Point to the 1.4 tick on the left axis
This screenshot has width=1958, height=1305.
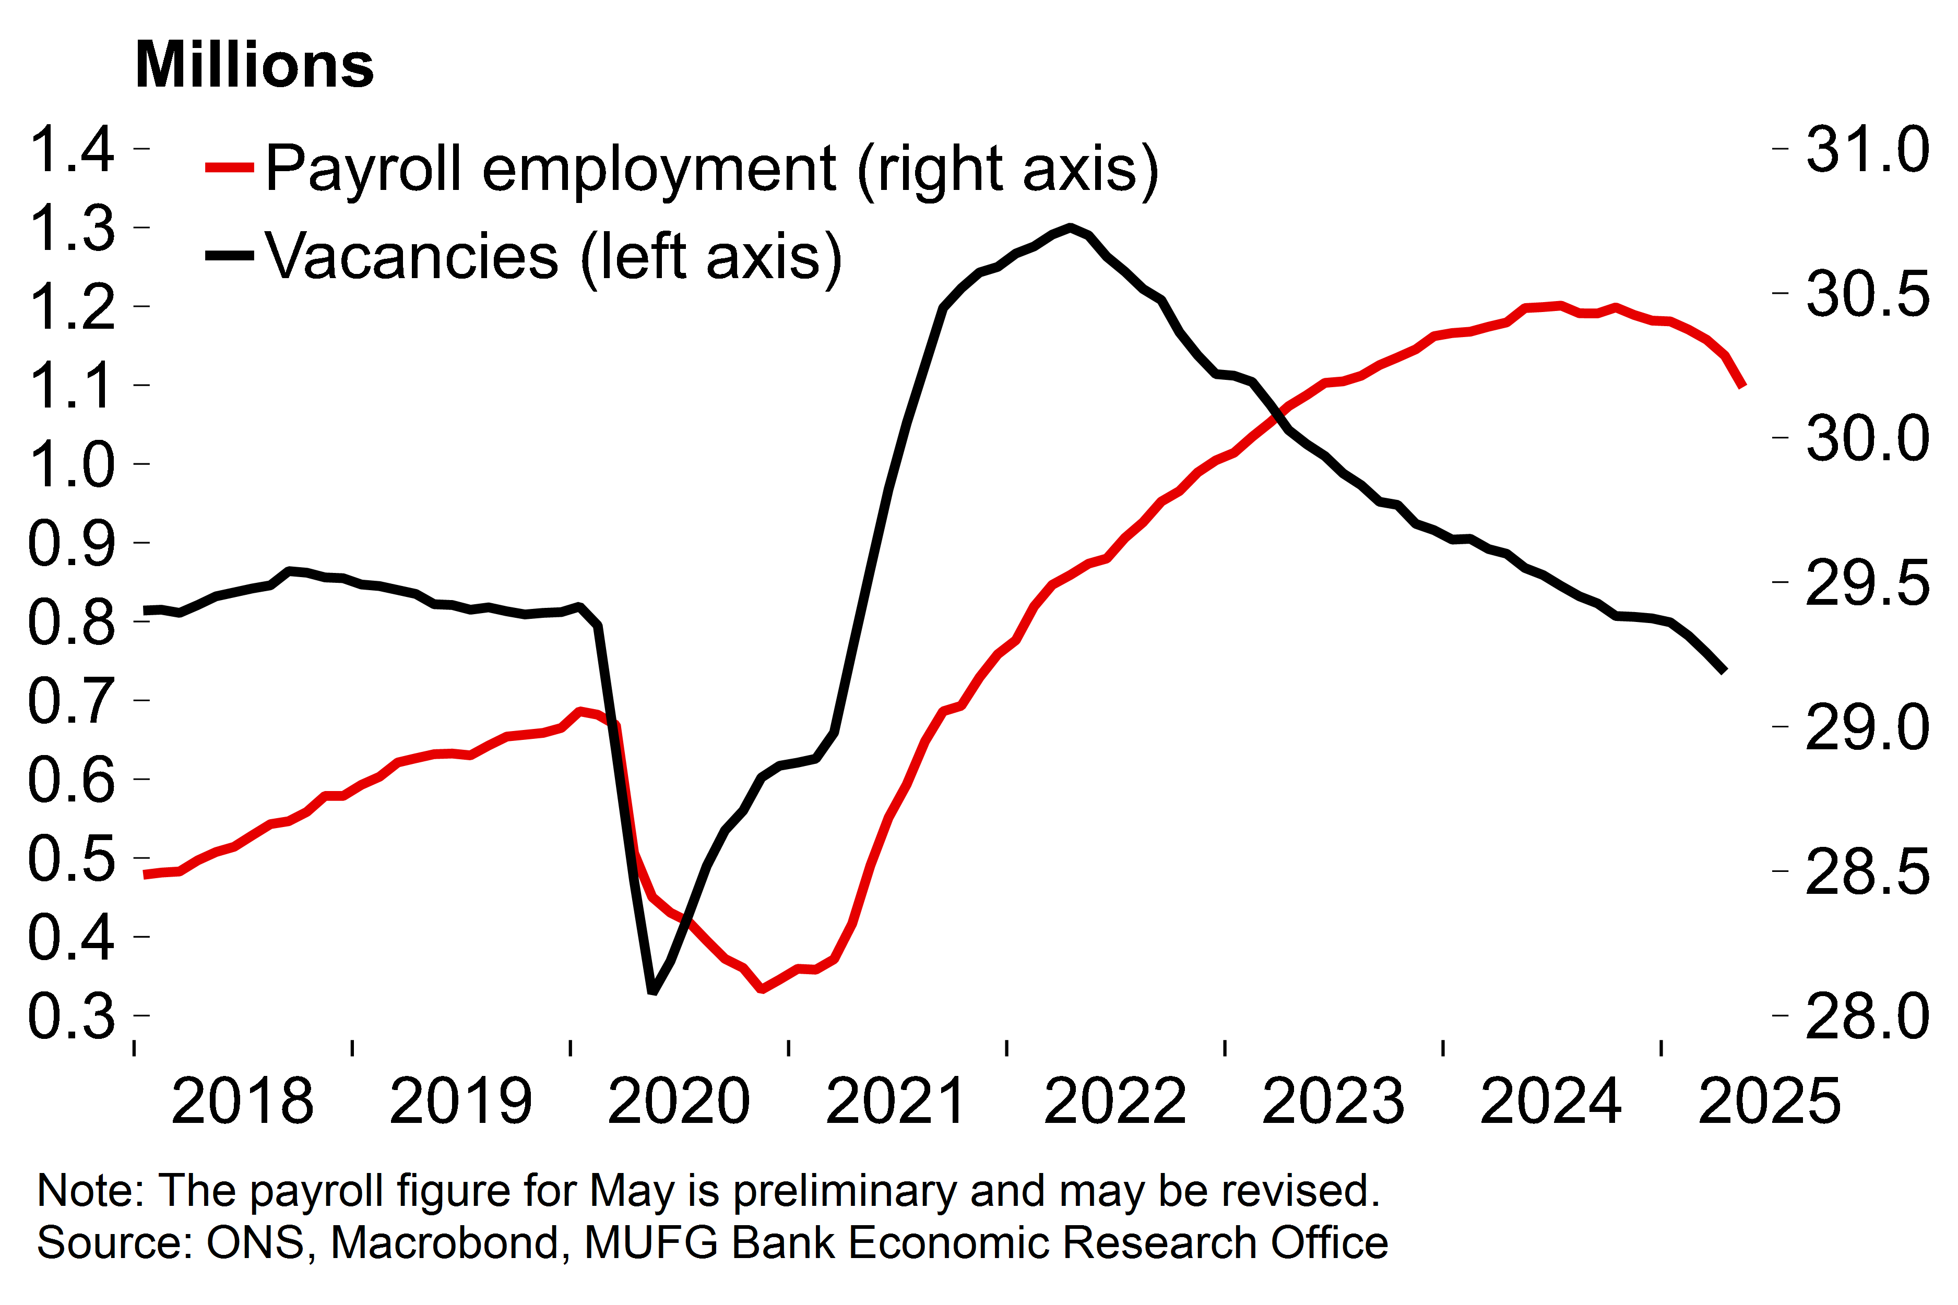pyautogui.click(x=72, y=150)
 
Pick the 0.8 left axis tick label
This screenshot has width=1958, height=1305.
pyautogui.click(x=72, y=622)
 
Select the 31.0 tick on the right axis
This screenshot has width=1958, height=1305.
pyautogui.click(x=1867, y=150)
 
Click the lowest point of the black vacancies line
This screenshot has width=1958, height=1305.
pyautogui.click(x=652, y=990)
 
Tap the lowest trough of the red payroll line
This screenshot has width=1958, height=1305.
pyautogui.click(x=762, y=989)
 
